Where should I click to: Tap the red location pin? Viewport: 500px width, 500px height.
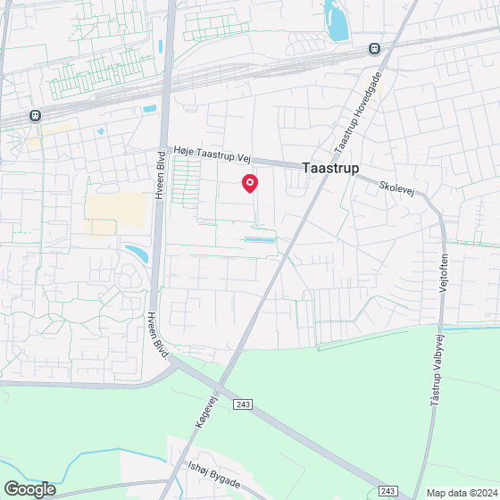pyautogui.click(x=250, y=183)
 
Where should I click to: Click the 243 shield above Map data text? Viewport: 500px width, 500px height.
pyautogui.click(x=387, y=490)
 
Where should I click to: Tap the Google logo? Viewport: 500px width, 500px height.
pyautogui.click(x=29, y=488)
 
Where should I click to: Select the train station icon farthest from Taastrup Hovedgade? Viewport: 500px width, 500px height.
pyautogui.click(x=34, y=115)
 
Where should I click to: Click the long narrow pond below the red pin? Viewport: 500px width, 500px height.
pyautogui.click(x=260, y=239)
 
